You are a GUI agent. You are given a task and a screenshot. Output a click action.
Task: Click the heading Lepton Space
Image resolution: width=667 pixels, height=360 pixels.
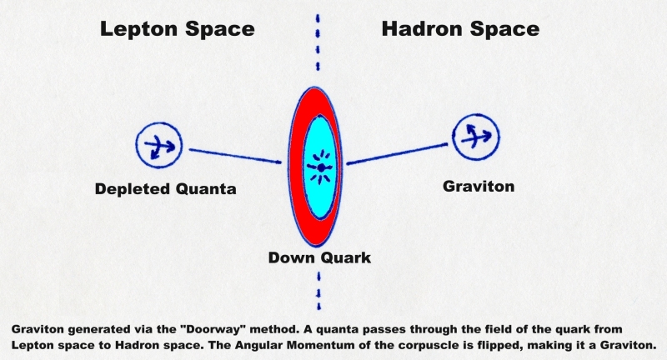[178, 30]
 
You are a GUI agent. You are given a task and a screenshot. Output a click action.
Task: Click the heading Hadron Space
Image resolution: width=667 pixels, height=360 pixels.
[461, 29]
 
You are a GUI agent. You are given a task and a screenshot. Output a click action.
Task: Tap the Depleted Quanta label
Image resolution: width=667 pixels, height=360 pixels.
[165, 189]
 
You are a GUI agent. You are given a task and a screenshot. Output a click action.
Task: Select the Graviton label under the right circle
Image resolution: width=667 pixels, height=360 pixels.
[479, 186]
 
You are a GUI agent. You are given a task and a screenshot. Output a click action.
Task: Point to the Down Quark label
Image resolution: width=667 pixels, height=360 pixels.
[319, 257]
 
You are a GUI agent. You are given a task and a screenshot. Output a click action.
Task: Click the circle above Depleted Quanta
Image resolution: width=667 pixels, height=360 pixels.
[137, 144]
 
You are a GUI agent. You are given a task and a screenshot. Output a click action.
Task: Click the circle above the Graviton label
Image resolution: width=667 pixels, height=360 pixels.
[453, 137]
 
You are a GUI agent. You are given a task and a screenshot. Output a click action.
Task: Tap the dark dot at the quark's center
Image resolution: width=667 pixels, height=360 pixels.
[322, 167]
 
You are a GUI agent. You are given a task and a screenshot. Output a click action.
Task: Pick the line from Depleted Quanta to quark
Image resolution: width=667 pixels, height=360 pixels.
[235, 156]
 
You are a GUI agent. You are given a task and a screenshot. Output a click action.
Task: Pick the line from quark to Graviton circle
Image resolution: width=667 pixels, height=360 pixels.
[397, 153]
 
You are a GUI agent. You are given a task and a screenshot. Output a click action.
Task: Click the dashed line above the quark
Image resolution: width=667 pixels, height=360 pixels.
[318, 42]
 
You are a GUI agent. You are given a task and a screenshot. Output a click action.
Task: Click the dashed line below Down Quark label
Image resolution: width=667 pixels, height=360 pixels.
[319, 291]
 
